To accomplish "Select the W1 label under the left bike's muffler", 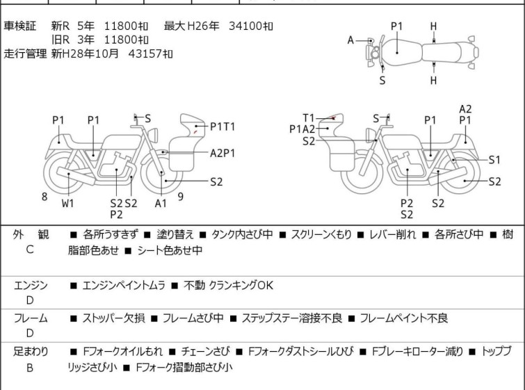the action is (x=67, y=203).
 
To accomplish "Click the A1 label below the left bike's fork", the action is (x=161, y=203).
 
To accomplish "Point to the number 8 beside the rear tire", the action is (x=45, y=197).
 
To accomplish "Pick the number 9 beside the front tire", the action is (x=181, y=197).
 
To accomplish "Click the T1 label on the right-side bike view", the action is (x=308, y=118).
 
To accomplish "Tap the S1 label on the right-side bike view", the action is (x=494, y=160).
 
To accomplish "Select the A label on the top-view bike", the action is (x=350, y=40).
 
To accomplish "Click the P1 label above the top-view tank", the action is (x=397, y=26).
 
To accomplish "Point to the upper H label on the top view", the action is (x=433, y=26).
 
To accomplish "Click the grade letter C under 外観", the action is (x=30, y=250).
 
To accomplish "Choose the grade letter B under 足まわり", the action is (x=30, y=368).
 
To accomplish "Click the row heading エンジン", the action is (x=31, y=285).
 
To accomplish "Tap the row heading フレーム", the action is (x=31, y=318).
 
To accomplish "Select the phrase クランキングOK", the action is (x=241, y=285).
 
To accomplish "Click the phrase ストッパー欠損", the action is (x=114, y=318).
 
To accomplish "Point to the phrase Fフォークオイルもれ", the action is (x=122, y=352).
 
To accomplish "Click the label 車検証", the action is (x=19, y=26).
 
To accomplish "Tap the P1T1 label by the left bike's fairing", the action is (x=223, y=127).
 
